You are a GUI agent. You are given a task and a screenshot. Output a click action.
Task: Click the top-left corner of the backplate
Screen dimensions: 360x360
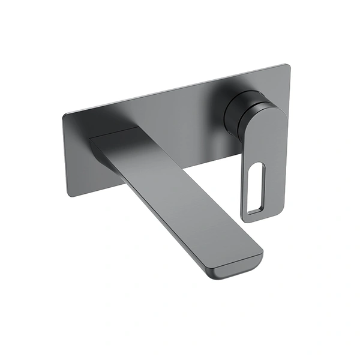pos(64,113)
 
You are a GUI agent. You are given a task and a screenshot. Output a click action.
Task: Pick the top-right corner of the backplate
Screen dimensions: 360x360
pos(288,65)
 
